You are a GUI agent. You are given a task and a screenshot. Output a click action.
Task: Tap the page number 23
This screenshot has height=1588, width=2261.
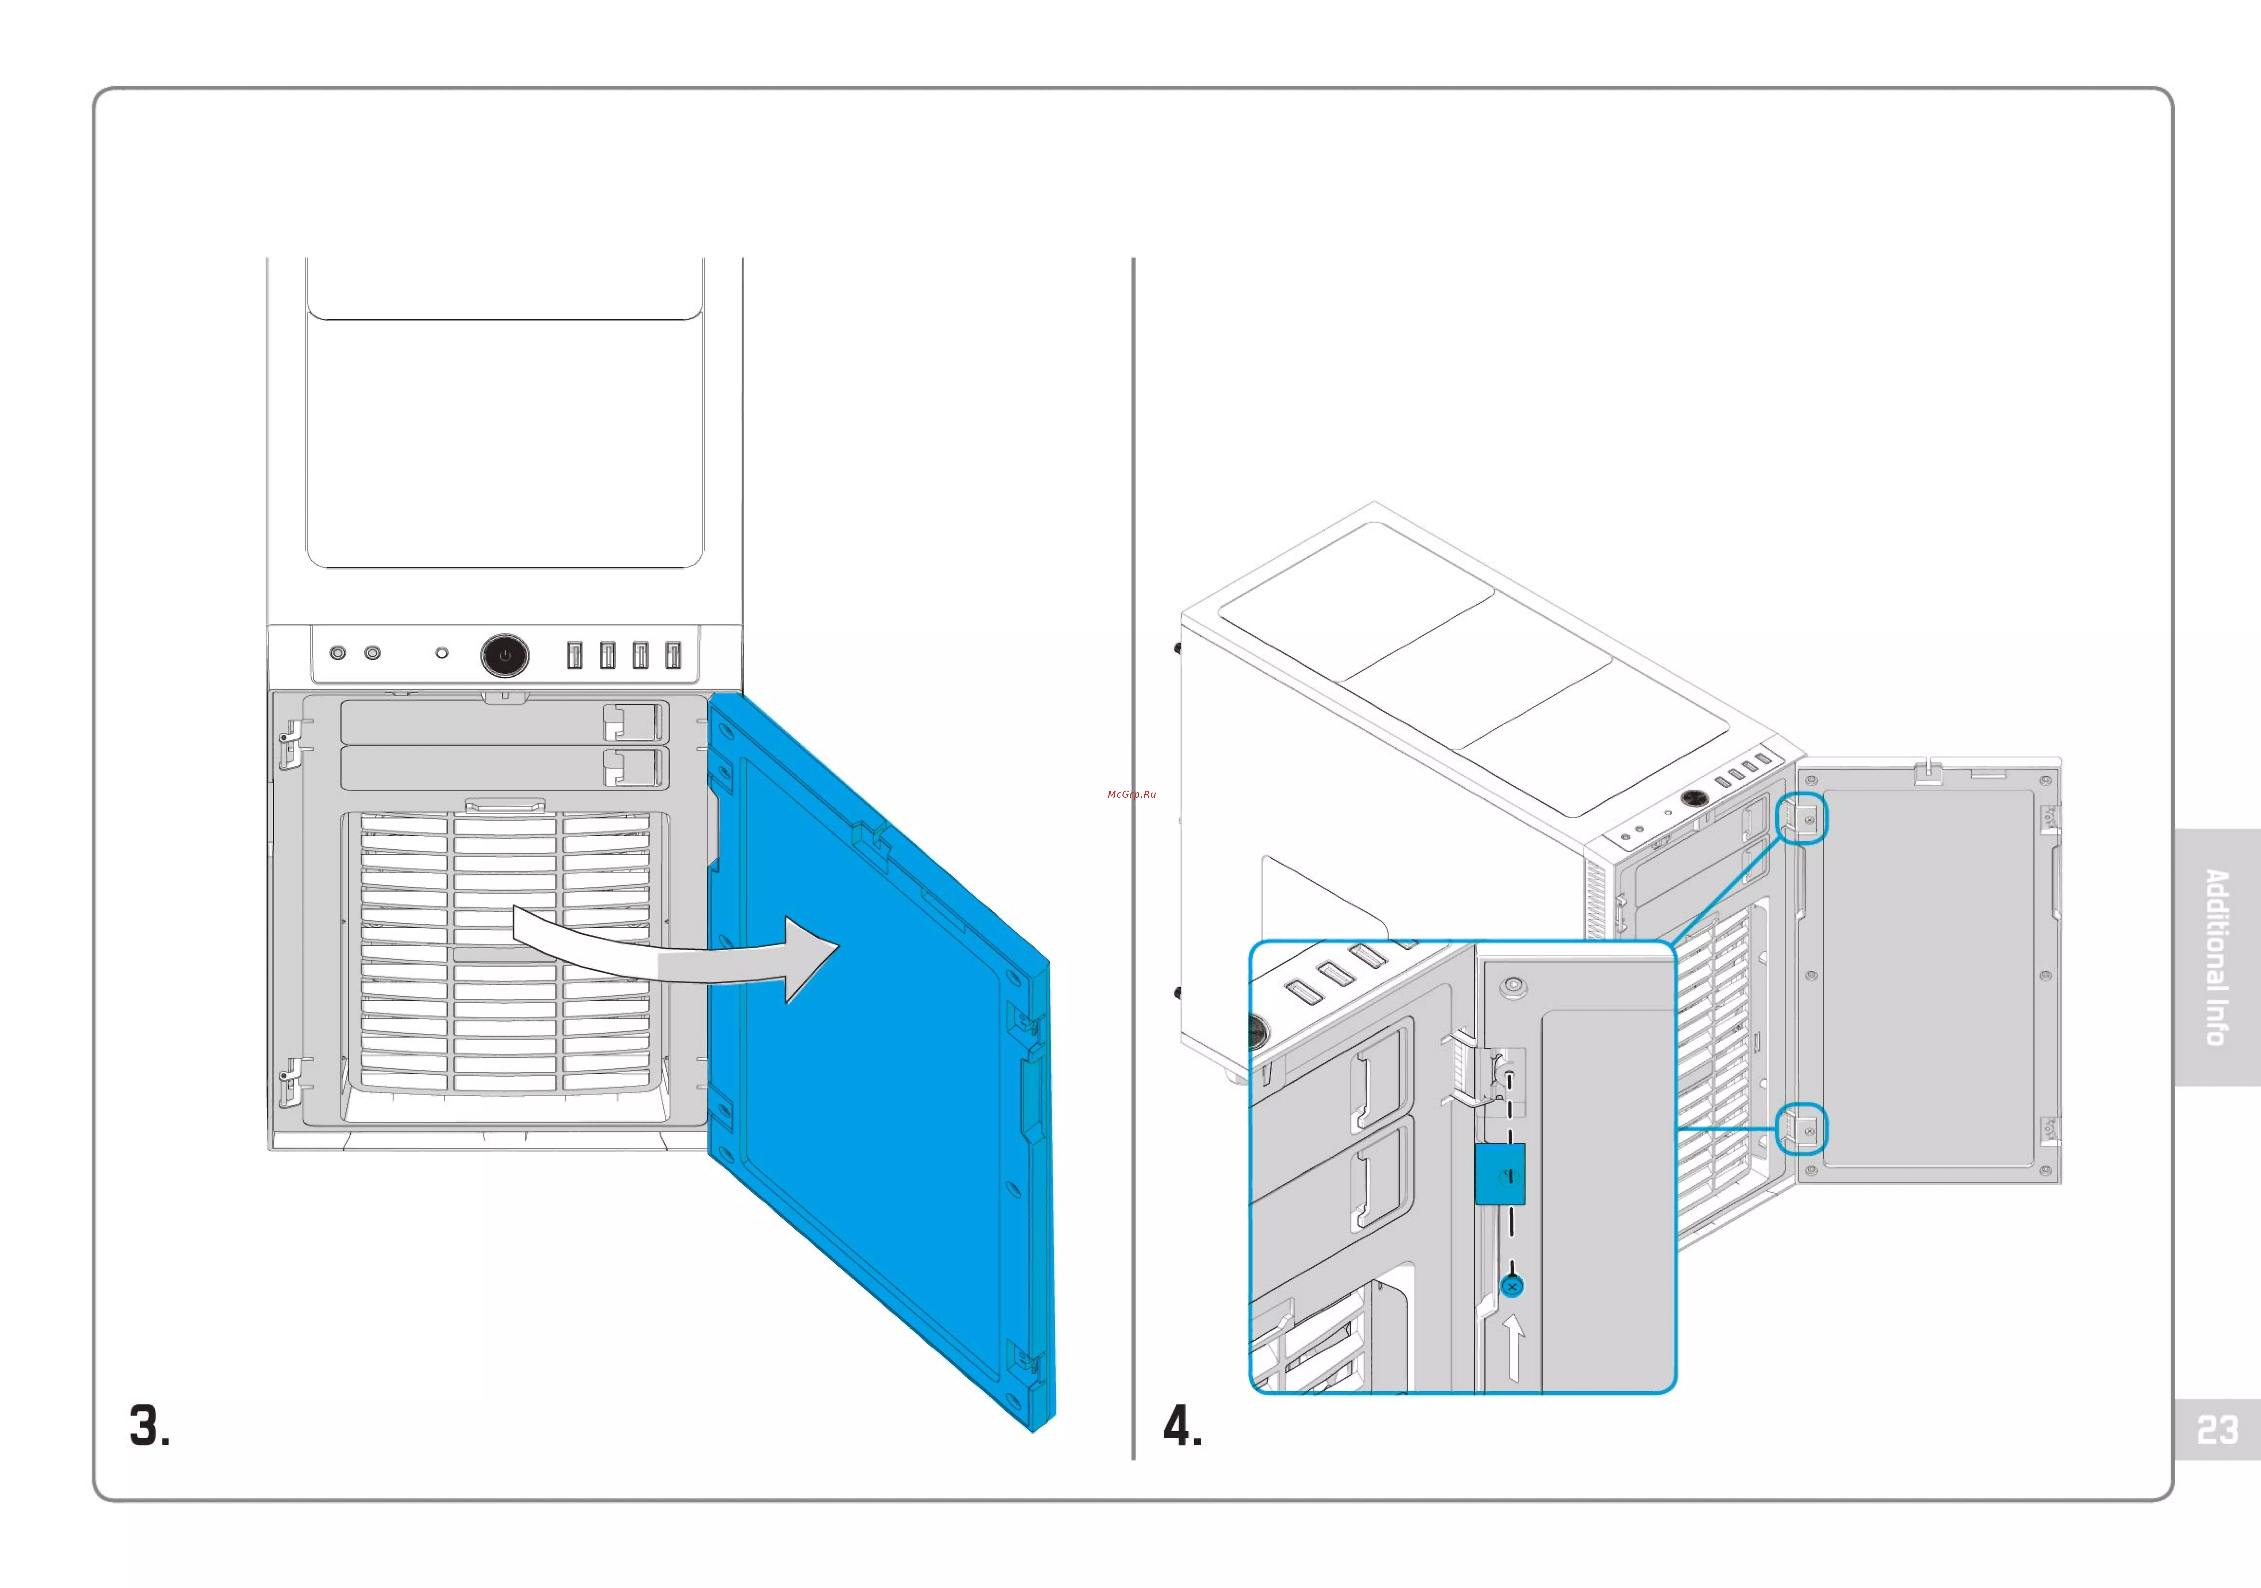tap(2217, 1430)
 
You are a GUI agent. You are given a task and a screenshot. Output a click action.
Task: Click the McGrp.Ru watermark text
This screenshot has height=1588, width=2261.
tap(1131, 794)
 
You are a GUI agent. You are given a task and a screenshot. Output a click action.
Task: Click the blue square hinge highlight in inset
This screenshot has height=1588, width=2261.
tap(1500, 1173)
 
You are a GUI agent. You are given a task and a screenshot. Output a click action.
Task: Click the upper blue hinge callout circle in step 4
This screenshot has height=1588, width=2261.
tap(1801, 819)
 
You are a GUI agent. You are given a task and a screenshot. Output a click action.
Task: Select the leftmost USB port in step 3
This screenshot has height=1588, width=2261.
tap(574, 655)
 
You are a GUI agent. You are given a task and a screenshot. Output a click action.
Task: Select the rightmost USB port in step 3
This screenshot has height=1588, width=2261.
tap(674, 655)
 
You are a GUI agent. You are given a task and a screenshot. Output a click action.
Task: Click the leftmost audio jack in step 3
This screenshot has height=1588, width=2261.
tap(338, 653)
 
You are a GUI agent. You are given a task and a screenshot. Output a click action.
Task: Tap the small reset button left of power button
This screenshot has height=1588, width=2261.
tap(442, 653)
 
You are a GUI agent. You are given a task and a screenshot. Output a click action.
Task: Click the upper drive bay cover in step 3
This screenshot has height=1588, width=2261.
tap(473, 722)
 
